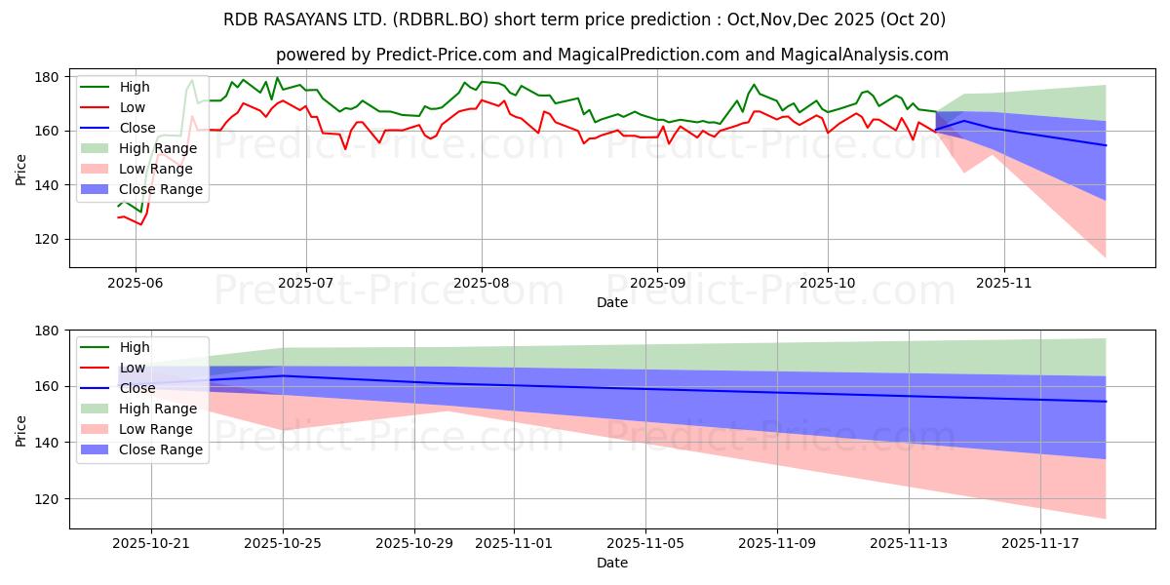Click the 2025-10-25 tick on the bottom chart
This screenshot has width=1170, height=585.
click(x=283, y=544)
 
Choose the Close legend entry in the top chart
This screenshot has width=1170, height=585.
click(x=137, y=128)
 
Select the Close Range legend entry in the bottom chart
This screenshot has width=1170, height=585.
click(x=161, y=449)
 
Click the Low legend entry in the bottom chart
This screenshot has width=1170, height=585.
click(x=134, y=368)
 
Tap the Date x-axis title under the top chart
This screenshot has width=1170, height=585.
click(x=613, y=303)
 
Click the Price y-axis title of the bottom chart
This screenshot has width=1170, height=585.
click(x=21, y=430)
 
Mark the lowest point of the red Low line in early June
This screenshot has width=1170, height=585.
click(x=140, y=225)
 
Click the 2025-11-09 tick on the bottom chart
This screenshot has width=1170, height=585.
click(x=777, y=544)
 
